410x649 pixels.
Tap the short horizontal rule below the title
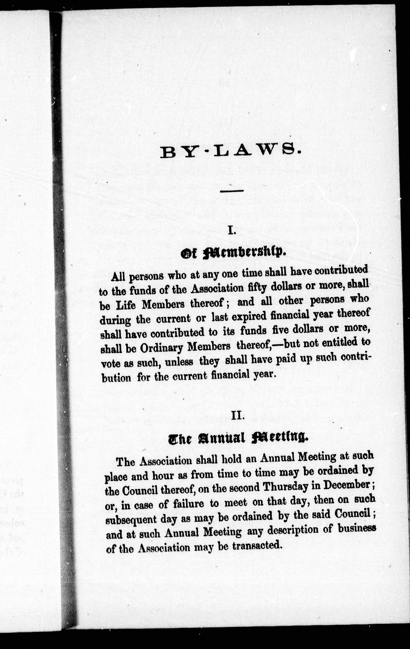[x=232, y=191]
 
